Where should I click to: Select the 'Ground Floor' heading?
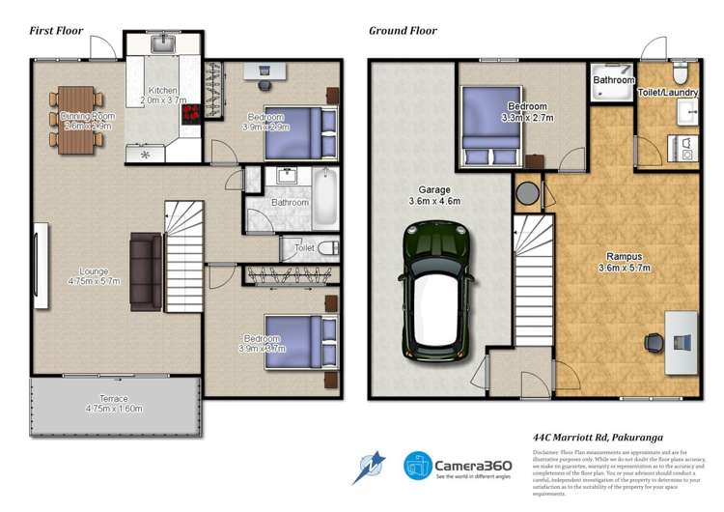403,30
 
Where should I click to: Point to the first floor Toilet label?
304,248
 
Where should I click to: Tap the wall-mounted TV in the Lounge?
41,267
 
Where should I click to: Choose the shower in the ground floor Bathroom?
614,92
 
